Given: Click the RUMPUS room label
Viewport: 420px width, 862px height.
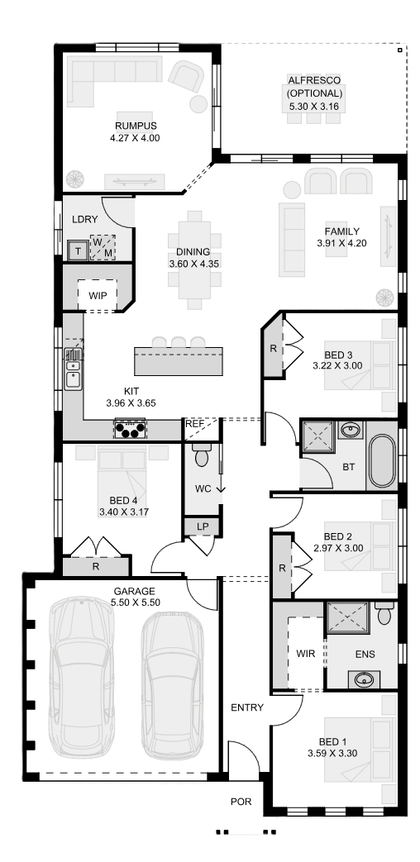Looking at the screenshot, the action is pyautogui.click(x=136, y=126).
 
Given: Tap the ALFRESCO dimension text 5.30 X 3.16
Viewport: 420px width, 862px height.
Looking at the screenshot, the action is pyautogui.click(x=313, y=106).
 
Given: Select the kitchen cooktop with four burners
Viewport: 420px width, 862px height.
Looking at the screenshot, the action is pyautogui.click(x=130, y=429).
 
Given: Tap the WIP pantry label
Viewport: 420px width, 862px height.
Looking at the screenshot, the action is pyautogui.click(x=97, y=295).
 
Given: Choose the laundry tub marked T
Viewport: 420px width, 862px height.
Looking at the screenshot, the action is pyautogui.click(x=78, y=251).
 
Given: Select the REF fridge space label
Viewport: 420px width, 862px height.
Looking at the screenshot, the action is pyautogui.click(x=195, y=424).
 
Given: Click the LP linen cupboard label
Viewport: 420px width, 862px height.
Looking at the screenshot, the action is pyautogui.click(x=203, y=526).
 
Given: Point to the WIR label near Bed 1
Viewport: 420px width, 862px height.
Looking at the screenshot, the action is pyautogui.click(x=306, y=654).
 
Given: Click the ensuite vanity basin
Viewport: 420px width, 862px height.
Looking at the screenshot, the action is pyautogui.click(x=364, y=679).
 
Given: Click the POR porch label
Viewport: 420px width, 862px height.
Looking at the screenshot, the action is pyautogui.click(x=241, y=802).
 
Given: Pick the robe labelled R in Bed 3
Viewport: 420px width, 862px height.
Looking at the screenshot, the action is pyautogui.click(x=273, y=348).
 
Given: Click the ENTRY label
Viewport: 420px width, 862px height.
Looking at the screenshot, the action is pyautogui.click(x=247, y=707).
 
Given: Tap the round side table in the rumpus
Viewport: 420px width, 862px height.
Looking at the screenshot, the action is pyautogui.click(x=198, y=104).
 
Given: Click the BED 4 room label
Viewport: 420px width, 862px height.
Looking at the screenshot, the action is pyautogui.click(x=124, y=501).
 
